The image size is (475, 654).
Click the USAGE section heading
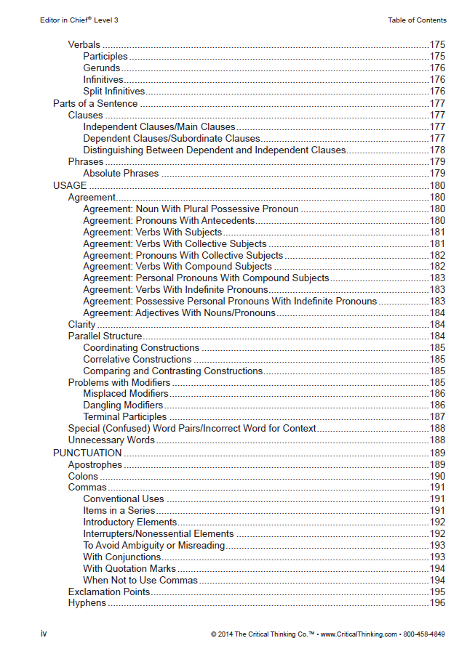pos(70,185)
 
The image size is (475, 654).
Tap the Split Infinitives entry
pos(114,92)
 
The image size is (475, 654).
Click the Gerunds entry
pos(102,68)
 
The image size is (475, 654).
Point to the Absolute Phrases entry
pos(121,174)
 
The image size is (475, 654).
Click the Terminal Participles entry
pos(125,417)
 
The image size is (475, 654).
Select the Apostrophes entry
pos(95,464)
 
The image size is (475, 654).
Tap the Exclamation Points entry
pos(109,592)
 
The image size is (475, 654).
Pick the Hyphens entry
pos(87,603)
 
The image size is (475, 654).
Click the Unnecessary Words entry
pos(111,440)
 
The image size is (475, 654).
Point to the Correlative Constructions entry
pos(137,359)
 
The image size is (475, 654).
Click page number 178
pos(437,150)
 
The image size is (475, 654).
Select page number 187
pos(437,417)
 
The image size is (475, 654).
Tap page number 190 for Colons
pos(437,476)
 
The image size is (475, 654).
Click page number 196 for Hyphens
pos(437,603)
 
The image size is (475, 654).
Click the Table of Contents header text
pos(417,20)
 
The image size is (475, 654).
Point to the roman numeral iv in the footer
pos(44,634)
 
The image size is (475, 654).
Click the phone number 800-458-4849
pos(424,634)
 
